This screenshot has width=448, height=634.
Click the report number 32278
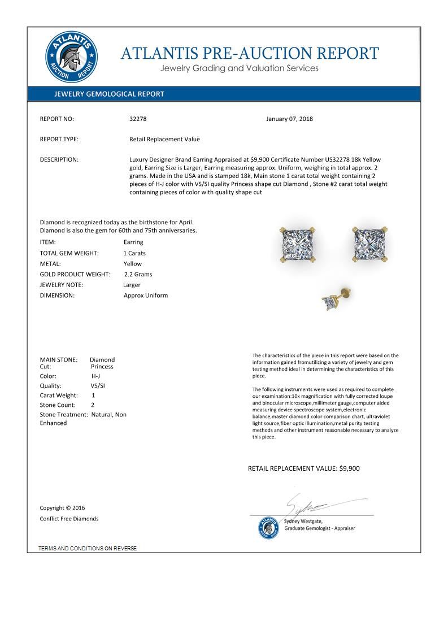(138, 119)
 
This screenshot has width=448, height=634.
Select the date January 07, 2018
(289, 119)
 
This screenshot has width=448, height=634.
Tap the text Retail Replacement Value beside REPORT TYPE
(164, 140)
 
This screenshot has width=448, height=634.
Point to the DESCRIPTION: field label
(59, 160)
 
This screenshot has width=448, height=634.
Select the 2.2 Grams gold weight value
(138, 275)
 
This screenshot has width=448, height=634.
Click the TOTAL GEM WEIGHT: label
(69, 253)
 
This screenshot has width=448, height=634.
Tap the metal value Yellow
(133, 264)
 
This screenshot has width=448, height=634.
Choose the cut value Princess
(102, 367)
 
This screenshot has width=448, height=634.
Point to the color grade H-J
(96, 376)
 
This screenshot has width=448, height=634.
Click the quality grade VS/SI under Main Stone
(98, 386)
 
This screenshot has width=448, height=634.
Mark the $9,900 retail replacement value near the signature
(349, 468)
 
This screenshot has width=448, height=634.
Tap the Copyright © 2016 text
(62, 508)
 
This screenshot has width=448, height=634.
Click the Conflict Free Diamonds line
(69, 519)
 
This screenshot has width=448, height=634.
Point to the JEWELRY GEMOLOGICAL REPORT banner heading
(109, 94)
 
